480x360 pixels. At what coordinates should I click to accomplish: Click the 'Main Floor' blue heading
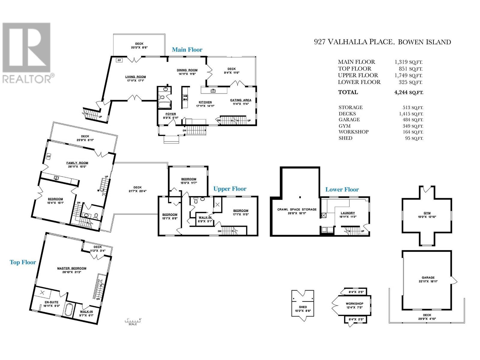(187, 50)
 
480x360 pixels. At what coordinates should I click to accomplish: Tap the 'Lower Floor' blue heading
(342, 190)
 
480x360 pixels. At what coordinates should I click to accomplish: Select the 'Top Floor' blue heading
(23, 262)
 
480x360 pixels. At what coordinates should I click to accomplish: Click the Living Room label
(135, 77)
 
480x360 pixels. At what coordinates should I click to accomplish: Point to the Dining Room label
(187, 70)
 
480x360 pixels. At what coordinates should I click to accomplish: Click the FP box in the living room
(119, 60)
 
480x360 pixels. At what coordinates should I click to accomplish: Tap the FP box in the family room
(48, 157)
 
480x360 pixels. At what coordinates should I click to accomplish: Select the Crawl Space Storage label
(297, 209)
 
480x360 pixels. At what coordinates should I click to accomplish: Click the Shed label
(303, 307)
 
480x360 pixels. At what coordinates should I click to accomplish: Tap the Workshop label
(354, 304)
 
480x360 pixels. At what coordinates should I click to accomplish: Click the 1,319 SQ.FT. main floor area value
(409, 62)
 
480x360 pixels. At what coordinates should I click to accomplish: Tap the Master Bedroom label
(72, 268)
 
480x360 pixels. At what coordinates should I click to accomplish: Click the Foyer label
(171, 114)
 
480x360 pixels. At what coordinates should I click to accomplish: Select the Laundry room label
(348, 213)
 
